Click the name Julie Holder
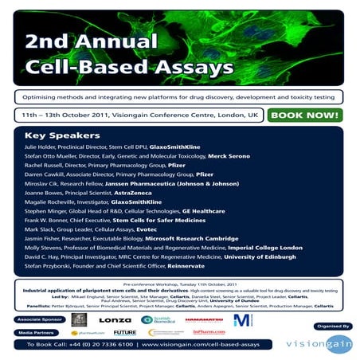point(45,147)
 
